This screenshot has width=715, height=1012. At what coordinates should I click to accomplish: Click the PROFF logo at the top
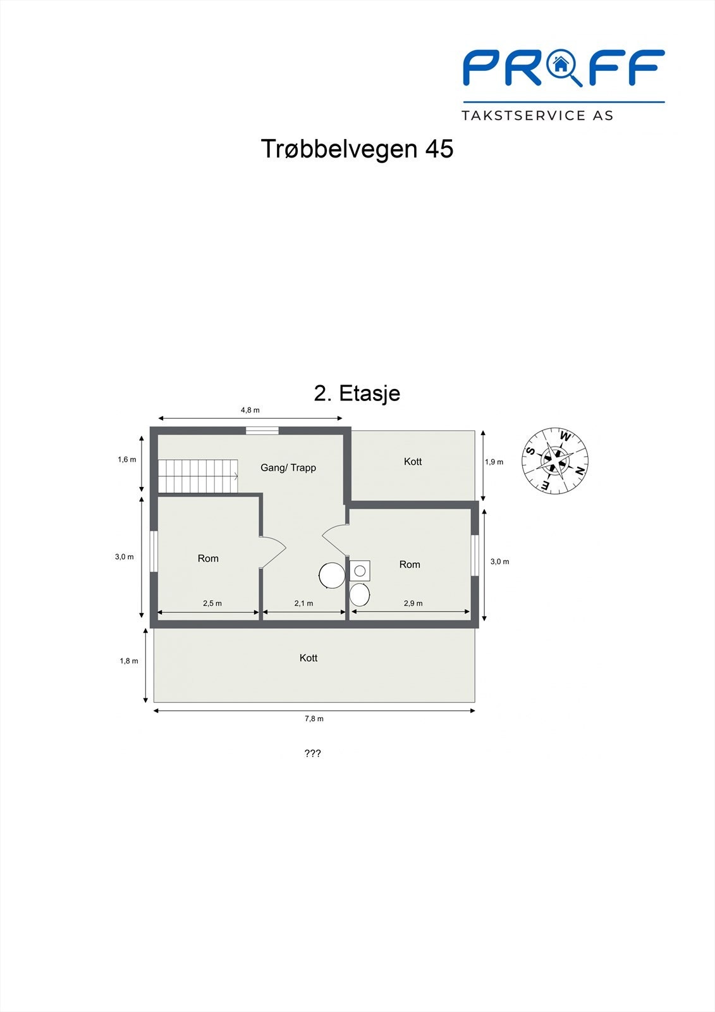point(563,68)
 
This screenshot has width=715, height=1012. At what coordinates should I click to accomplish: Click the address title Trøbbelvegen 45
point(357,149)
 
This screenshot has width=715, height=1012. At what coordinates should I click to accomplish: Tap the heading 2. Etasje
point(357,393)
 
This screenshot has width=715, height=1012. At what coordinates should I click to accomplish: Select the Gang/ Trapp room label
point(288,468)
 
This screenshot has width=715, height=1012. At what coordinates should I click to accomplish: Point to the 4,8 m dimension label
point(250,410)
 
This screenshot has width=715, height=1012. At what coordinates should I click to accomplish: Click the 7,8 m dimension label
point(314,719)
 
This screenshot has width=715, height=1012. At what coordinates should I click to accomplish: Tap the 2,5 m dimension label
point(212,603)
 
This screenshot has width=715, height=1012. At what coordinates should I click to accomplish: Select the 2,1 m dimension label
point(303,603)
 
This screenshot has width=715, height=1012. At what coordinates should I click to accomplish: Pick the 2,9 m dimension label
point(413,603)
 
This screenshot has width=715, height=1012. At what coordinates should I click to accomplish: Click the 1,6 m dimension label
point(127,460)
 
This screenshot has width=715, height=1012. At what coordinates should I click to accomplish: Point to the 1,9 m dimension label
point(494,462)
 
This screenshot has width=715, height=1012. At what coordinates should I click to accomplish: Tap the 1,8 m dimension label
point(129,661)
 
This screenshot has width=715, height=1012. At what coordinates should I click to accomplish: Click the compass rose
point(555,461)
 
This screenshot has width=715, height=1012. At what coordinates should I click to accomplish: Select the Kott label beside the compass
point(413,462)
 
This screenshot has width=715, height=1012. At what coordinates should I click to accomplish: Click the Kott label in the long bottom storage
point(309,658)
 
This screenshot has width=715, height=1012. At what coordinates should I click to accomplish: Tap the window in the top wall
point(262,431)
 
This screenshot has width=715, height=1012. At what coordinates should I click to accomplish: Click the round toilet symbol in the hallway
point(332,576)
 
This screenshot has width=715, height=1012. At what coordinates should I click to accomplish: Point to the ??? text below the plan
point(313,753)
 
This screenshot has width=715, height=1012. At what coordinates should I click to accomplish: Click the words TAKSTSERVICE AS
point(537,116)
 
